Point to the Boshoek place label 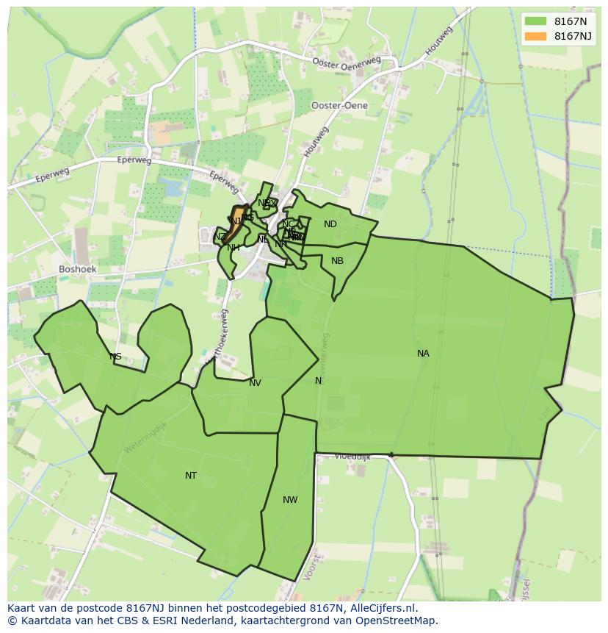[77, 269]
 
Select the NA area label [423, 354]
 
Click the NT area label [191, 476]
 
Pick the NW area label [290, 500]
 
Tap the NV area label [255, 383]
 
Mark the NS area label [115, 357]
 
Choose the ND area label [330, 224]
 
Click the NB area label [337, 261]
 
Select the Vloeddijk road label [352, 457]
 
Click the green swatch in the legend [535, 21]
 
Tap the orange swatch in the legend [535, 36]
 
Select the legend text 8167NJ [573, 36]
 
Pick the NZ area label [220, 237]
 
